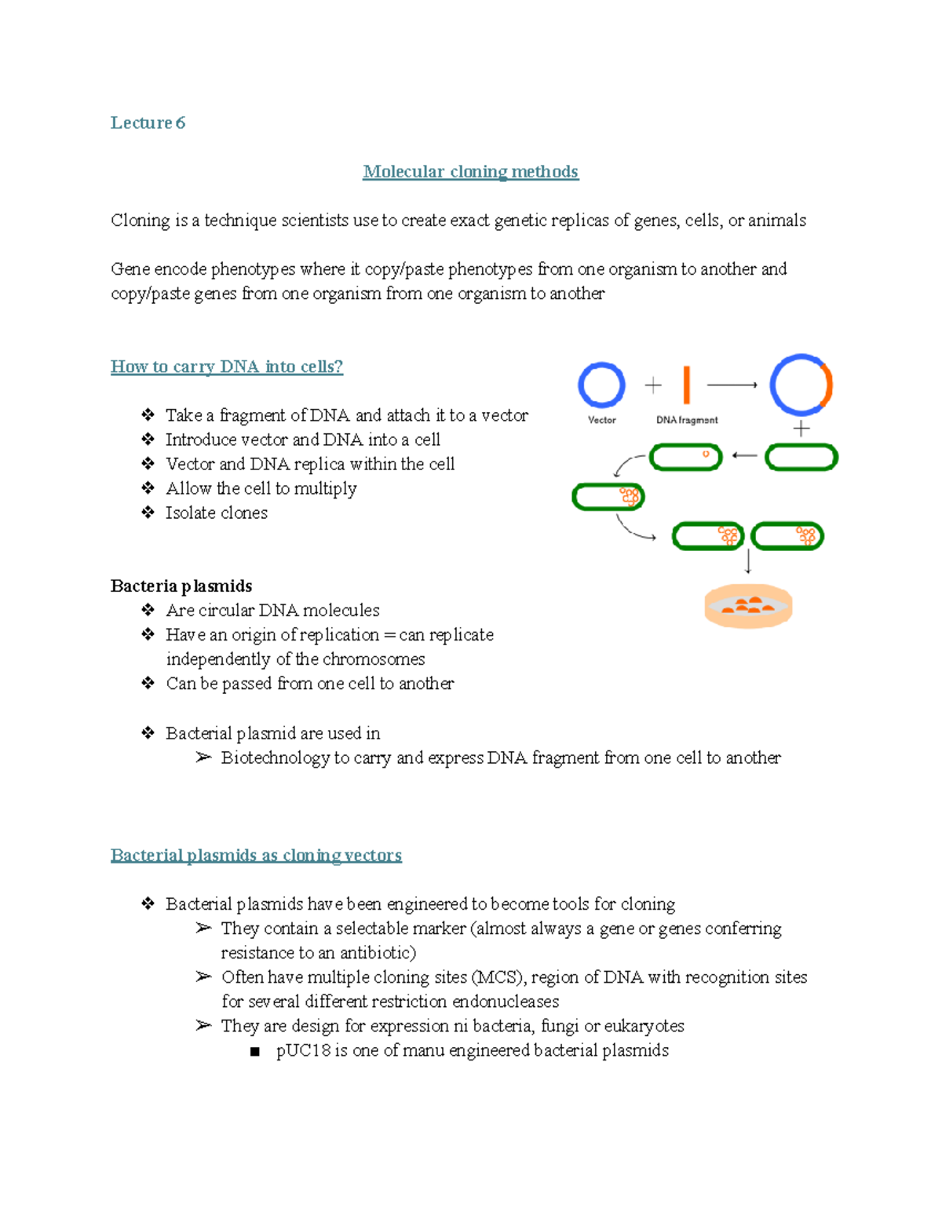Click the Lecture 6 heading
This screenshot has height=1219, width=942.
148,122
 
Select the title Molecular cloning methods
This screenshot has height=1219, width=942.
470,172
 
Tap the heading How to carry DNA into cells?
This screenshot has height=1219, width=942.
227,367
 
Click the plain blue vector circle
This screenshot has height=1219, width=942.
601,385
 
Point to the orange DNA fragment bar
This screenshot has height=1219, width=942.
687,385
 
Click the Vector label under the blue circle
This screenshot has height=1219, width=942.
602,420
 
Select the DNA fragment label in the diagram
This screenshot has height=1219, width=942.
687,420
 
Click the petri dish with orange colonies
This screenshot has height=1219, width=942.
748,606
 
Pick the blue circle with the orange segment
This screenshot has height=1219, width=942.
801,385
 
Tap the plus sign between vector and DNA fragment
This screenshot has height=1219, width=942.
653,385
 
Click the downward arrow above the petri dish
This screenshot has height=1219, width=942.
748,561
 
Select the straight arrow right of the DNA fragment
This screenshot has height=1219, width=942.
732,385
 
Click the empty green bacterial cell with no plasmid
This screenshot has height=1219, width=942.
801,457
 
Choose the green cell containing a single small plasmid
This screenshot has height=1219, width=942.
686,457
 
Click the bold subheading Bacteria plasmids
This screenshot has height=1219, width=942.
181,586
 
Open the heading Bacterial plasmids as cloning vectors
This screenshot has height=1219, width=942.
256,856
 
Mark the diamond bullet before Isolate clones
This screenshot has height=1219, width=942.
148,513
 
